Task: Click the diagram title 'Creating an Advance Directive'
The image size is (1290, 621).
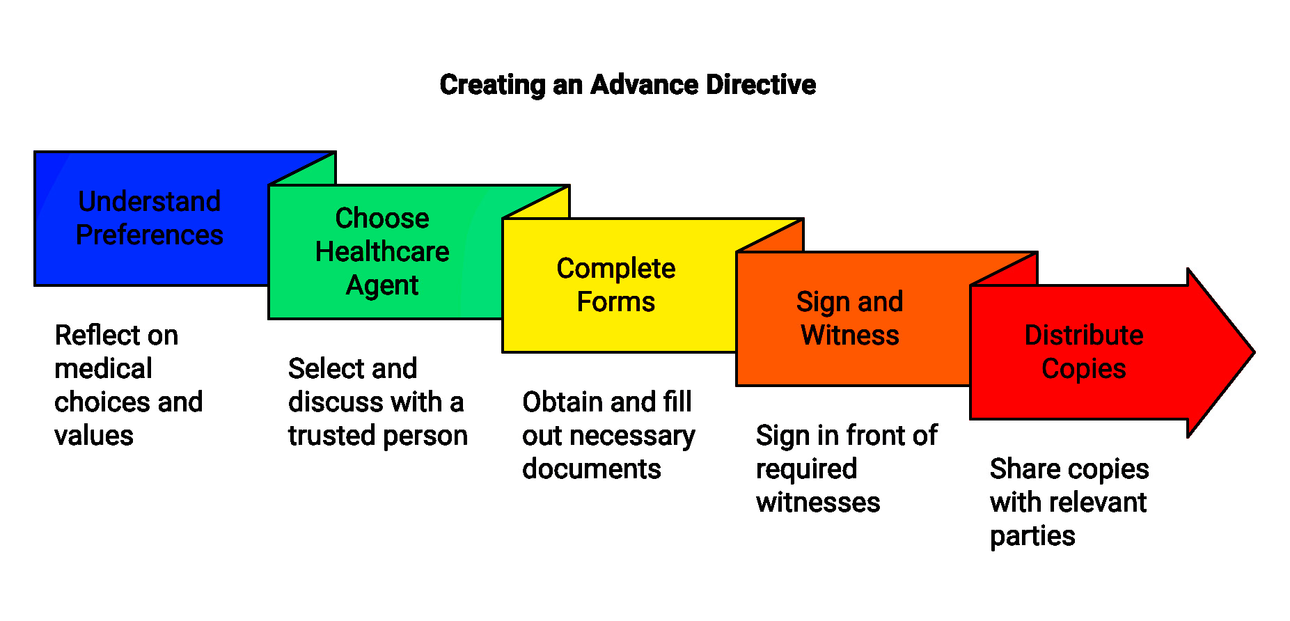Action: pos(627,85)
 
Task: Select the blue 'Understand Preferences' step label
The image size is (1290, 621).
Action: pos(150,218)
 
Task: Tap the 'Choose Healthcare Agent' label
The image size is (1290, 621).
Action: pos(382,251)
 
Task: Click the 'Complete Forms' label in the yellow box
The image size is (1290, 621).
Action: pos(616,285)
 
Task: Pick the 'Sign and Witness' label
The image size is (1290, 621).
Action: pos(850,318)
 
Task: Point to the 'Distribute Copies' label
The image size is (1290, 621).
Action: pos(1084,352)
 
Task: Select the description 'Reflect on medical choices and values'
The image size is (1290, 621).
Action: pos(128,385)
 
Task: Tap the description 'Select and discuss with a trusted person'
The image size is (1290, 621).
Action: pos(377,402)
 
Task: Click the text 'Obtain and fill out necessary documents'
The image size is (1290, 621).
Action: pos(608,435)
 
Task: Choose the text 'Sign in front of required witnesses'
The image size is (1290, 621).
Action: pos(846,469)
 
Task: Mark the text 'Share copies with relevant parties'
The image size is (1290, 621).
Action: pos(1069,502)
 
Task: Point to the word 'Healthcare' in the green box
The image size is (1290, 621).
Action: pos(382,251)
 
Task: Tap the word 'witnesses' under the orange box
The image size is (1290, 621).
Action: pos(818,502)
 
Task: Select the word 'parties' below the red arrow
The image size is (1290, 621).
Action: pos(1032,536)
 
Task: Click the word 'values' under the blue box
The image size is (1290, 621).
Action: pos(94,436)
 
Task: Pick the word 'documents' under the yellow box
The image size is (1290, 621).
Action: pos(591,469)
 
